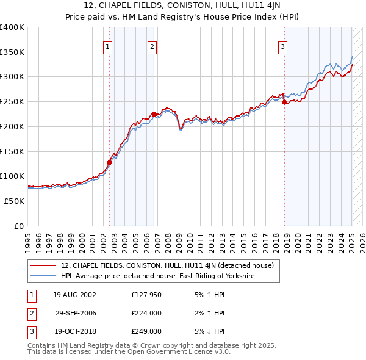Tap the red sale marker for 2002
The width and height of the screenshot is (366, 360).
110,162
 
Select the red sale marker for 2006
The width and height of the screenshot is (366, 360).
154,114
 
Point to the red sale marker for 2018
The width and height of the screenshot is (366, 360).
284,102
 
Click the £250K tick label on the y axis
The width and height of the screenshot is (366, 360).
12,101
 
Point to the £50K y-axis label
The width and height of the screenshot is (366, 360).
15,201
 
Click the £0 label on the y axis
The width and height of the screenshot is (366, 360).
20,226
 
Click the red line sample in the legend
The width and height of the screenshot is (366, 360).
43,265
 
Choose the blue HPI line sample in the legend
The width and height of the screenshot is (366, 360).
43,276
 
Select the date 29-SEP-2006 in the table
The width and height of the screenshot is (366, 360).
76,313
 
